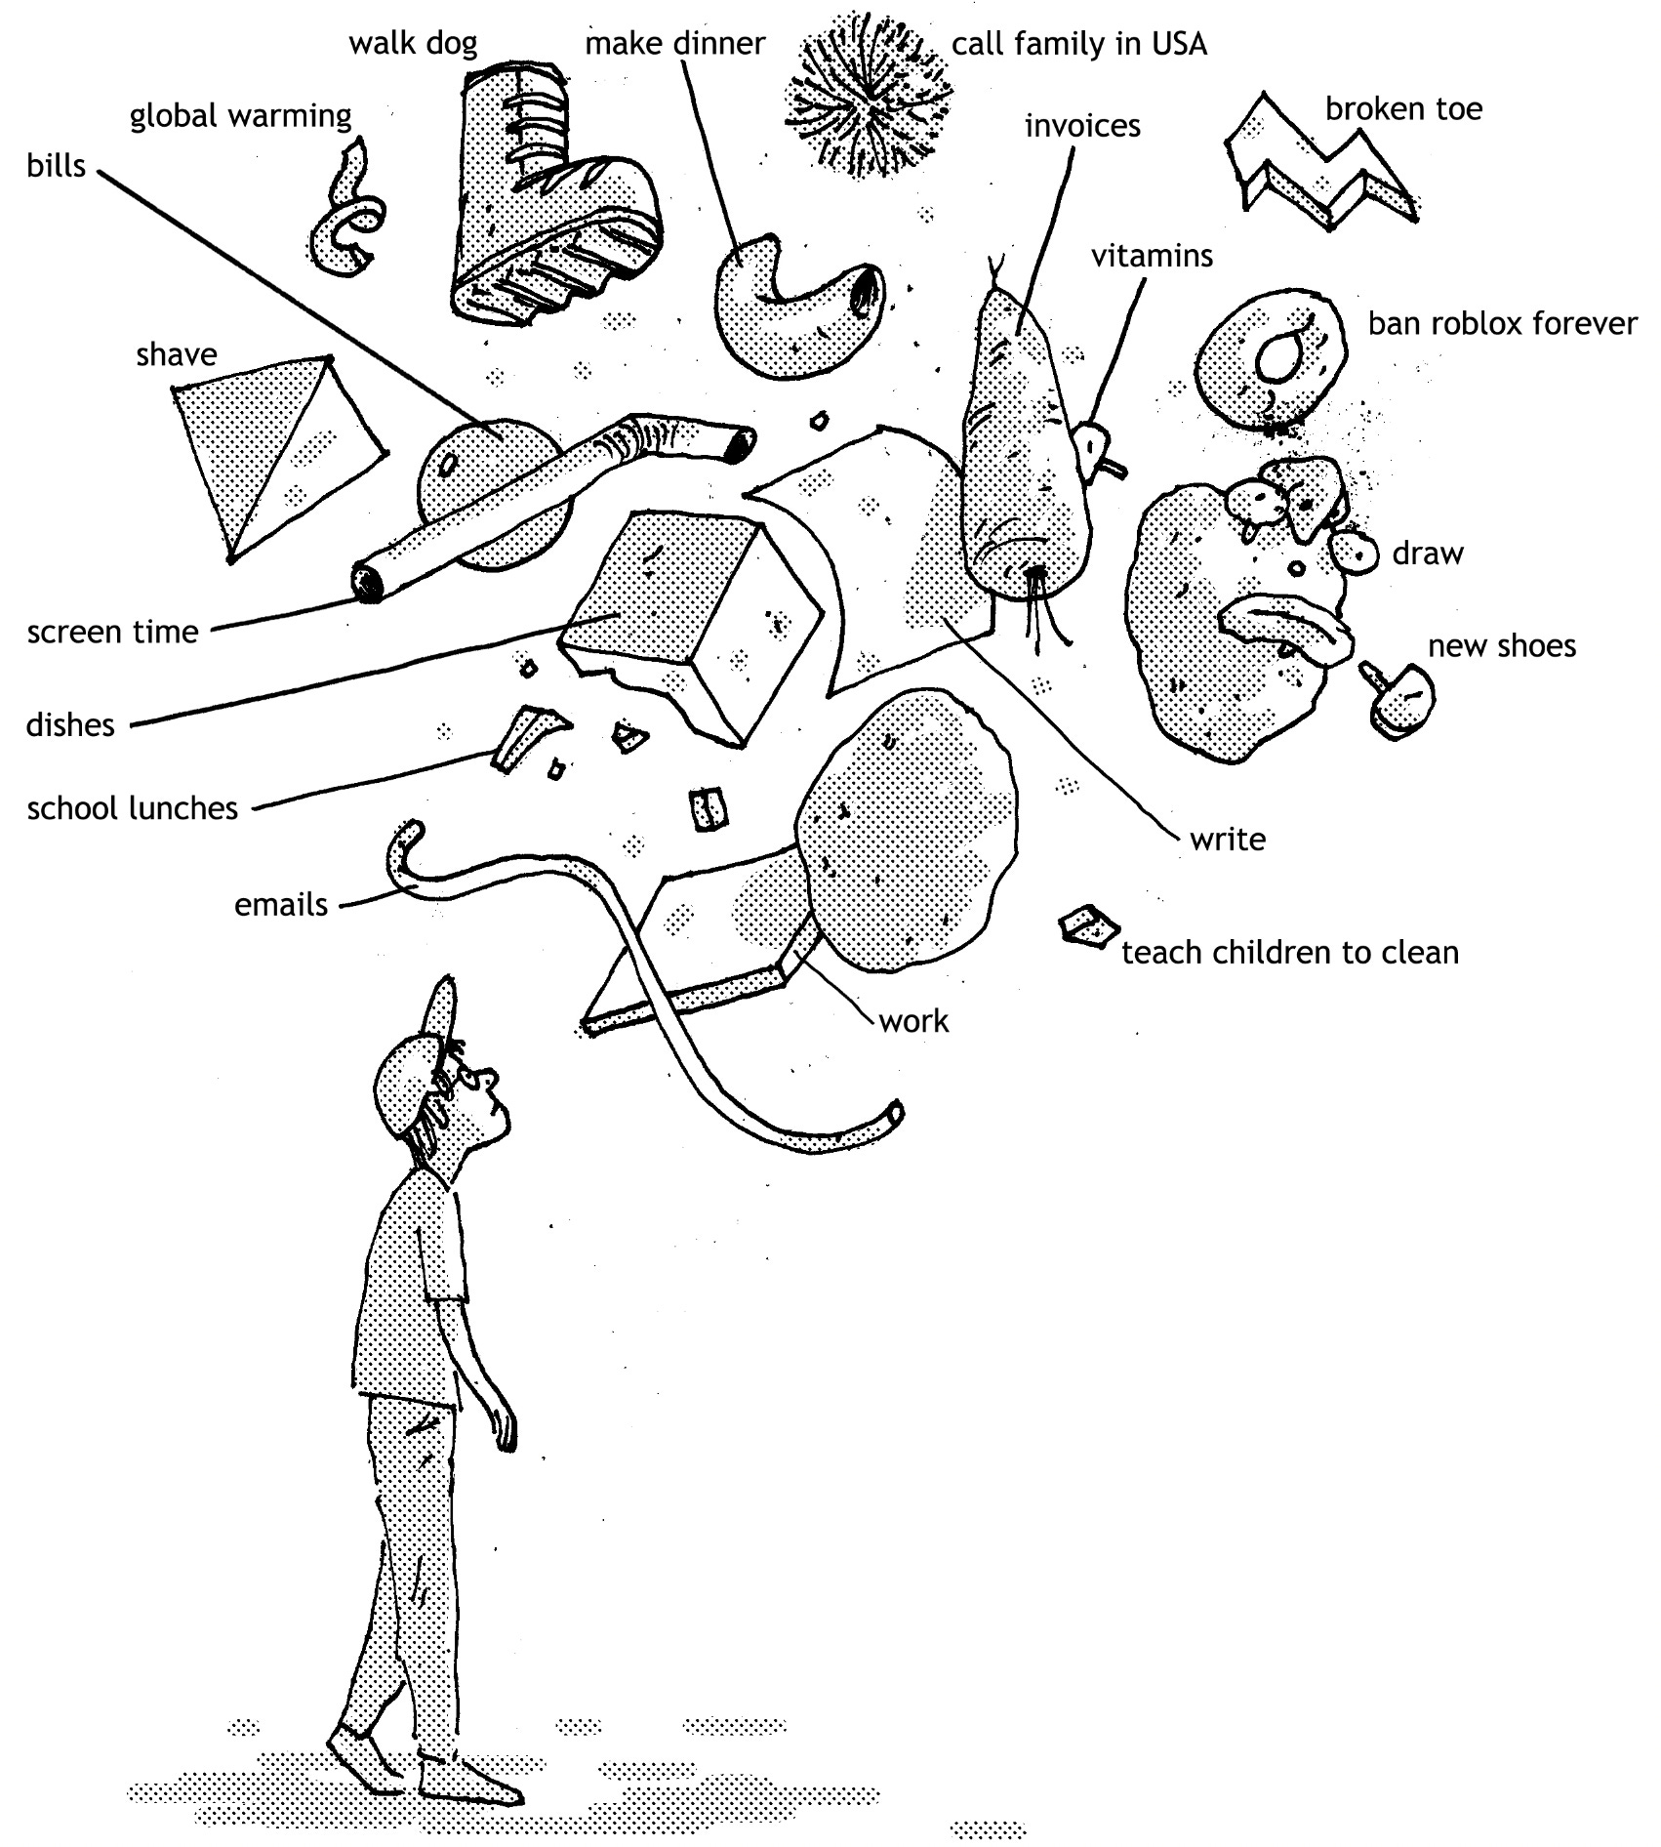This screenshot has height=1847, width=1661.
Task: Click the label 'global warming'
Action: pyautogui.click(x=240, y=116)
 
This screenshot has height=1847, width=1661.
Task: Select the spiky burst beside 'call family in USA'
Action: pyautogui.click(x=868, y=103)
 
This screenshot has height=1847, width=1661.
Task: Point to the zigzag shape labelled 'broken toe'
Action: pyautogui.click(x=1317, y=161)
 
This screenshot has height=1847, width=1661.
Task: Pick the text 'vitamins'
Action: pyautogui.click(x=1152, y=256)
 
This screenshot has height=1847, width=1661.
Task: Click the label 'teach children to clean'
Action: pyautogui.click(x=1289, y=952)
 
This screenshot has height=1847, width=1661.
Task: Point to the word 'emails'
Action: pyautogui.click(x=281, y=905)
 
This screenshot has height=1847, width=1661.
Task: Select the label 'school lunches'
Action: pyautogui.click(x=133, y=808)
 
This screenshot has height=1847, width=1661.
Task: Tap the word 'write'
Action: pyautogui.click(x=1228, y=840)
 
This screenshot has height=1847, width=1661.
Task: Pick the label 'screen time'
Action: pyautogui.click(x=113, y=633)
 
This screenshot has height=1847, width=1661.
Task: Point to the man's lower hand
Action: pyautogui.click(x=505, y=1431)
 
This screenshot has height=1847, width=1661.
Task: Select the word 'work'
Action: pyautogui.click(x=913, y=1021)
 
